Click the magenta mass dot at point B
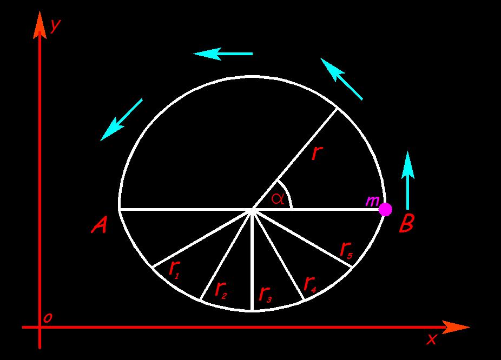coord(385,209)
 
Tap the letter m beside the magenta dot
coord(372,201)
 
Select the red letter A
coord(99,225)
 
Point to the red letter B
coord(407,223)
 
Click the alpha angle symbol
coord(278,198)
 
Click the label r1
coord(174,269)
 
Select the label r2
coord(220,290)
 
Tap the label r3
coord(266,294)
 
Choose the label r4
coord(310,284)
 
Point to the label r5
coord(346,250)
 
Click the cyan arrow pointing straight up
coord(408,181)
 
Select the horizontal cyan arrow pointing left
coord(223,54)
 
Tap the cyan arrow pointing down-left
coord(121,119)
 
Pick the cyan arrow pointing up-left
coord(341,79)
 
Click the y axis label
coord(55,24)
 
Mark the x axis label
coord(431,338)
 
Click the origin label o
coord(48,318)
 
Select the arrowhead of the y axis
coord(39,25)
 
